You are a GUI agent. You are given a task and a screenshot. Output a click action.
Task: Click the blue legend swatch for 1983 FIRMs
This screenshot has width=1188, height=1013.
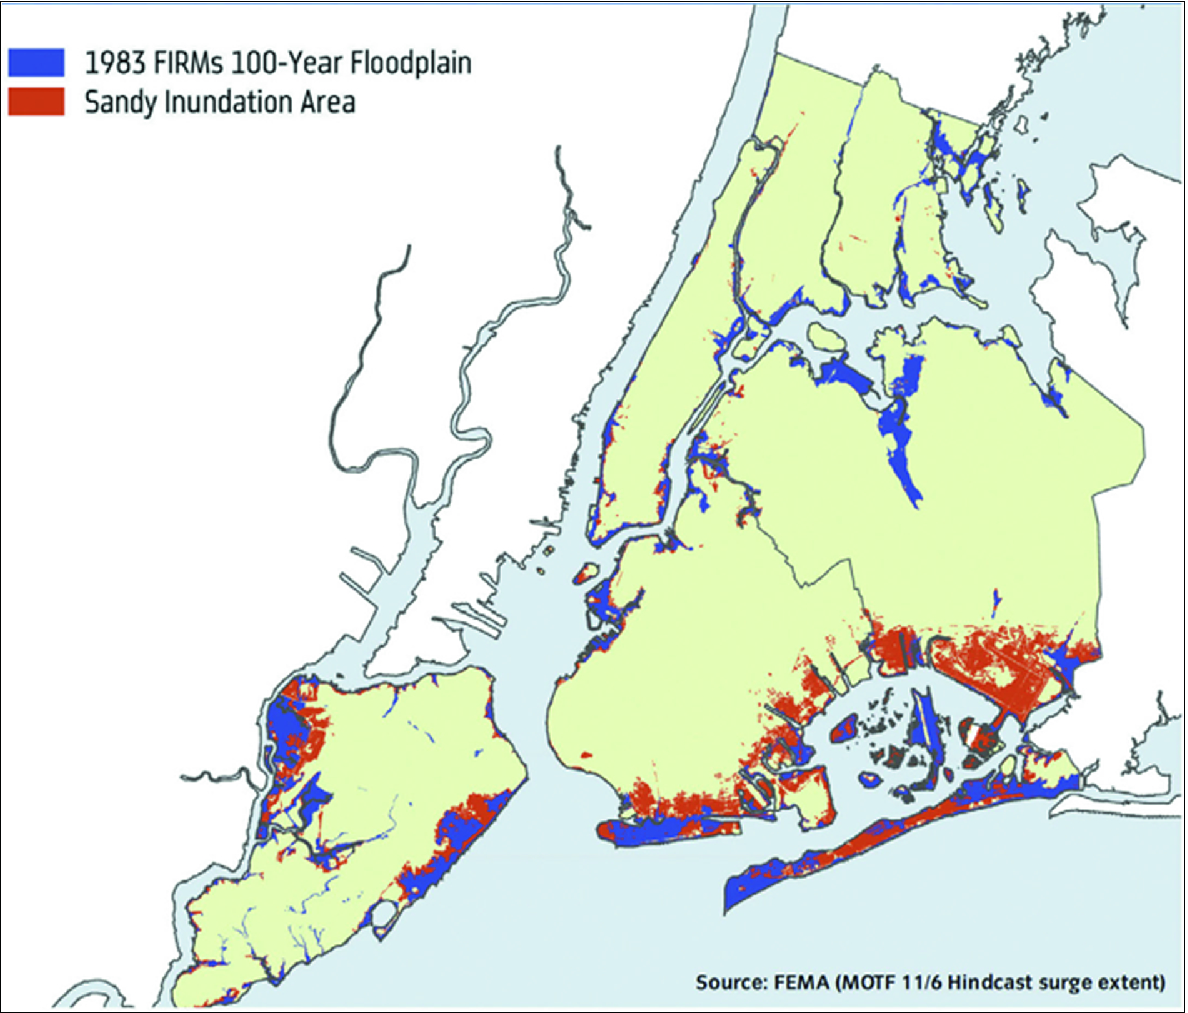[36, 62]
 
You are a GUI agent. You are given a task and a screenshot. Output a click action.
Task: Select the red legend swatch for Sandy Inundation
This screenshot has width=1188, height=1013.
[36, 101]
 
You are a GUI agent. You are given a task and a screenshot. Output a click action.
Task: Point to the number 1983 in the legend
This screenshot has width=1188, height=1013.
[115, 63]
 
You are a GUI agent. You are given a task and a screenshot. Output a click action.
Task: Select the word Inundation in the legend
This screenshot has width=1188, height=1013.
[226, 101]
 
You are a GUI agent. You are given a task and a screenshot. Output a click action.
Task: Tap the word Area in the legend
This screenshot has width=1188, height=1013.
[327, 101]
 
